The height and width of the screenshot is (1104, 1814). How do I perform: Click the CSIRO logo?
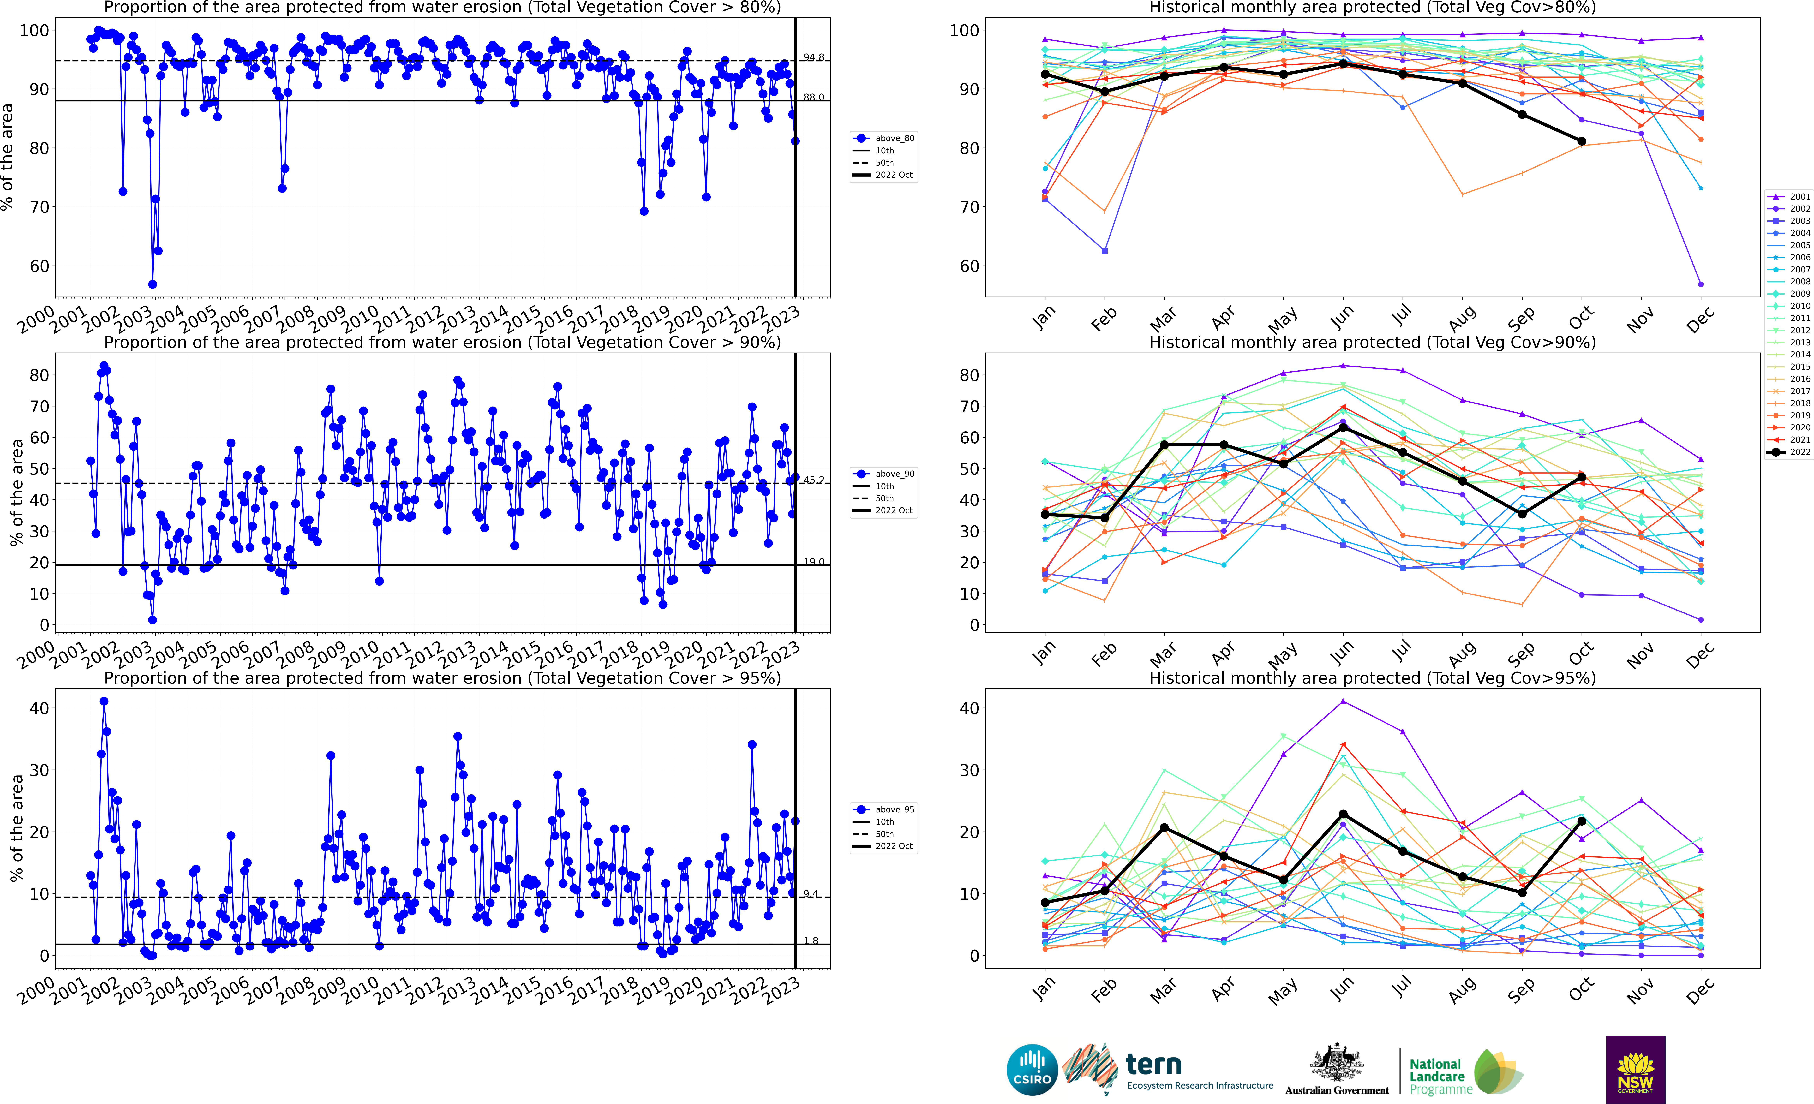[1031, 1069]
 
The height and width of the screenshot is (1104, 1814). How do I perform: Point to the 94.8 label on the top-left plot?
[813, 57]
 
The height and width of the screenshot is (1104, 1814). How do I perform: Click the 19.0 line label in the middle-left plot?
[813, 562]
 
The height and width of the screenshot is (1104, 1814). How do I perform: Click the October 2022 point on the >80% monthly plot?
[1581, 141]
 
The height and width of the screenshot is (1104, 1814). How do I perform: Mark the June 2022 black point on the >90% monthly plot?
[1343, 428]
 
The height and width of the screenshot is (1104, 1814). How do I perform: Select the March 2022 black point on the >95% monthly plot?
[1164, 828]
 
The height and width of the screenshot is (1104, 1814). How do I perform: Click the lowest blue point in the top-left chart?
[152, 284]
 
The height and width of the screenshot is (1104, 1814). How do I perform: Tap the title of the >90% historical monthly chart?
[1372, 342]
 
